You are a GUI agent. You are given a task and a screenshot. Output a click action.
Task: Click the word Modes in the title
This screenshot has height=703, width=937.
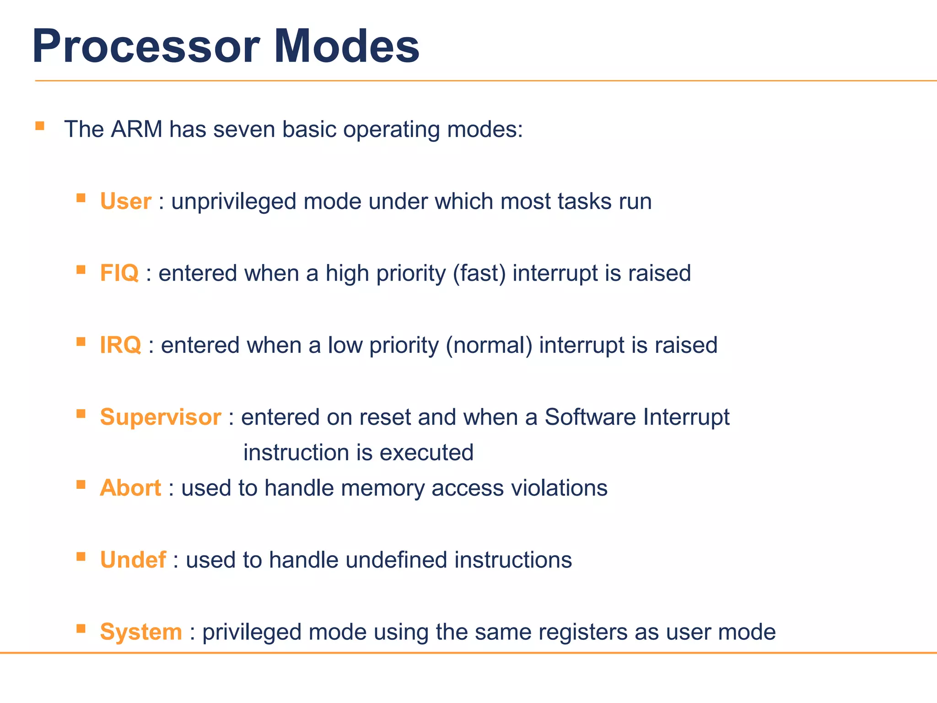click(346, 47)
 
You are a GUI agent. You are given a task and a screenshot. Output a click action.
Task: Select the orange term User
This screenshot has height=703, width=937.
click(125, 201)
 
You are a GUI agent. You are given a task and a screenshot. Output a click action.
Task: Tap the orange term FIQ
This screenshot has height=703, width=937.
click(119, 273)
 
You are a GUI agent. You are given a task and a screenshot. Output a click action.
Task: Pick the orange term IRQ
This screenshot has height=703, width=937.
click(120, 345)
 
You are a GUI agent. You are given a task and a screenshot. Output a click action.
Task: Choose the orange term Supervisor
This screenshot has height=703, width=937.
click(160, 417)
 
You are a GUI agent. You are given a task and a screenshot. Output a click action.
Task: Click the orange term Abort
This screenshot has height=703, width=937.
click(130, 488)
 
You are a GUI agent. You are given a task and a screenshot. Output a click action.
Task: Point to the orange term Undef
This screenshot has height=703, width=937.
click(133, 560)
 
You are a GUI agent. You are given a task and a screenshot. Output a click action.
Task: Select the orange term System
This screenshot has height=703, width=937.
click(141, 632)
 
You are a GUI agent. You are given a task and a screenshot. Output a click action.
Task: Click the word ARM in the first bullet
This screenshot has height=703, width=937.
click(136, 130)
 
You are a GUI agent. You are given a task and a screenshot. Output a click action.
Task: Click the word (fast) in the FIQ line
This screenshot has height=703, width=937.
click(479, 273)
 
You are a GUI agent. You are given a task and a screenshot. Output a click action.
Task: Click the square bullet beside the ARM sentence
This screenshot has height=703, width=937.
click(40, 126)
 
